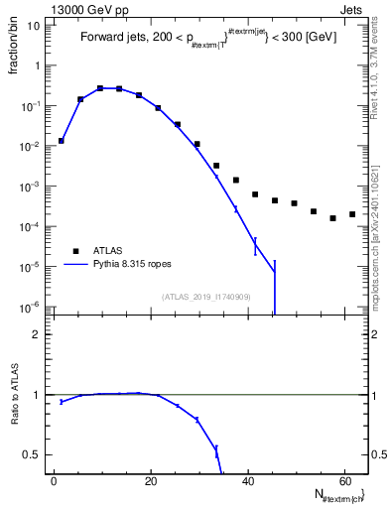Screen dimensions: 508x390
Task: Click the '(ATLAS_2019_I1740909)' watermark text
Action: (x=204, y=296)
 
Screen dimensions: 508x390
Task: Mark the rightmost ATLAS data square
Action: (x=352, y=214)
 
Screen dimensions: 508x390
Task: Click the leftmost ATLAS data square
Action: (x=62, y=141)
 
